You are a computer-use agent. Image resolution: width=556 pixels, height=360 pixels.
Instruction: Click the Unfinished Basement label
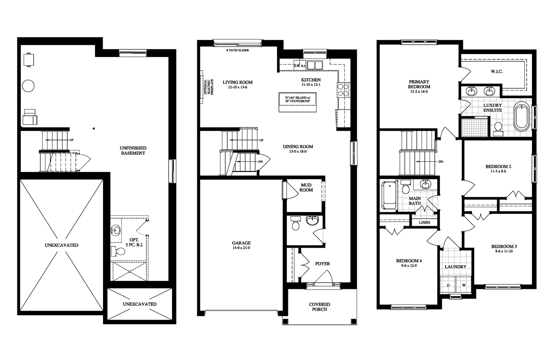pos(133,151)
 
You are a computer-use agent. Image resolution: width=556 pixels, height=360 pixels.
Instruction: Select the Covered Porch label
pos(319,307)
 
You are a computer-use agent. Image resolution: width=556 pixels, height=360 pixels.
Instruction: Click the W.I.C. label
pos(497,72)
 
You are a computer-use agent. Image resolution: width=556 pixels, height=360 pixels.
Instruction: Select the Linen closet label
pos(424,222)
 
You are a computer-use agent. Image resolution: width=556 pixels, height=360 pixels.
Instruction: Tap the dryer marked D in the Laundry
pos(448,285)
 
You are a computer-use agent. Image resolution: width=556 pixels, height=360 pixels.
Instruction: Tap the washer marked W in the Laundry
pos(463,285)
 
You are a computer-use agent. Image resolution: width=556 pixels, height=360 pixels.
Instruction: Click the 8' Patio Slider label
pos(237,50)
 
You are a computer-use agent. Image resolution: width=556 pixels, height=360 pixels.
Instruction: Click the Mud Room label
pos(306,188)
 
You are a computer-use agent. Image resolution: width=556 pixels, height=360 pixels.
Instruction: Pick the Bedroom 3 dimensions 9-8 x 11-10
pos(504,251)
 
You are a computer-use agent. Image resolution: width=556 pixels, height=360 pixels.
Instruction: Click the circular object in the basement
pos(28,86)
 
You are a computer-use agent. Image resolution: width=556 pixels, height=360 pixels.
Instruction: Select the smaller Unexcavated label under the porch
pos(140,304)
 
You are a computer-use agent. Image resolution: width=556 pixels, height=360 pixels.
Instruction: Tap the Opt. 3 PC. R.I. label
pos(134,242)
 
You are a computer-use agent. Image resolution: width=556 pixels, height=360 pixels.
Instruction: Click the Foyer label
pos(322,264)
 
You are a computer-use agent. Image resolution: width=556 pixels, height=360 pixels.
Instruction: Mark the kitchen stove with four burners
pos(343,89)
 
